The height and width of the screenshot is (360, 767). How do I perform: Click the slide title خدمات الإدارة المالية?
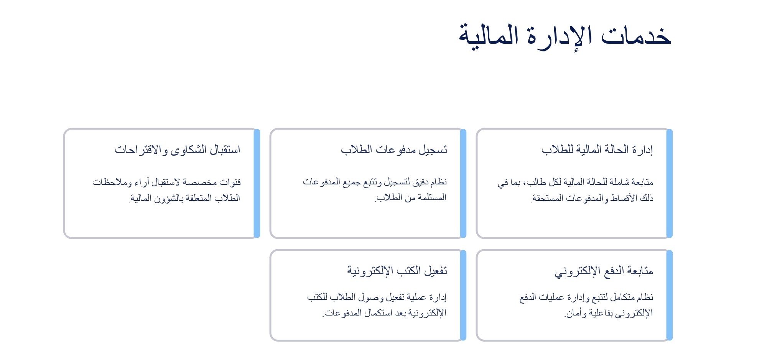click(565, 36)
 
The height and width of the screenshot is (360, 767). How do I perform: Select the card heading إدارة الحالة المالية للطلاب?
click(597, 150)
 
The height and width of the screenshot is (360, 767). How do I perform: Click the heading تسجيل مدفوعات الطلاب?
click(394, 150)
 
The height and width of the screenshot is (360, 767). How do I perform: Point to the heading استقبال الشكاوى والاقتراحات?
click(177, 150)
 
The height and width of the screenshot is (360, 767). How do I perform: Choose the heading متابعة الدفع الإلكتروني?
click(604, 271)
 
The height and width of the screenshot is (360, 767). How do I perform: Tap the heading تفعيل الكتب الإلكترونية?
click(397, 271)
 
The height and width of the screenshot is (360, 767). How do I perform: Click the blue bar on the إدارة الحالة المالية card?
click(670, 183)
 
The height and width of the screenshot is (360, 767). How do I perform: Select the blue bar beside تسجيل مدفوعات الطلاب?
click(463, 183)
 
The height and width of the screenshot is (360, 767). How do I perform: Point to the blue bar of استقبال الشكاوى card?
click(257, 183)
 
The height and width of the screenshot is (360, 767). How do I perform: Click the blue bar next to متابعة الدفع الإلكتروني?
click(670, 295)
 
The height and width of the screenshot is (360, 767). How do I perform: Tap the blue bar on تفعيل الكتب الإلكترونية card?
click(463, 295)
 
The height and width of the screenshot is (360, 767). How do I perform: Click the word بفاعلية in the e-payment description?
click(602, 313)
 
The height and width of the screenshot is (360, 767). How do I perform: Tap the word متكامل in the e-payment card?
click(623, 297)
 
